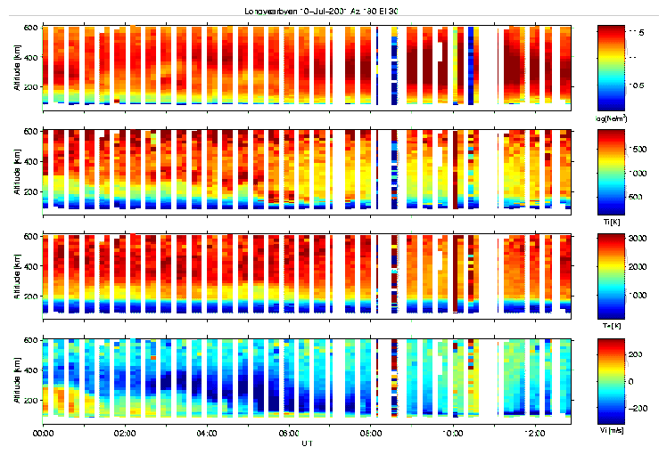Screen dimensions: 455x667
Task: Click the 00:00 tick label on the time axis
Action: (43, 434)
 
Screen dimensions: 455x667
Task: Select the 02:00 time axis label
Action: (125, 434)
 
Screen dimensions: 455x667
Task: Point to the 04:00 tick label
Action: (207, 434)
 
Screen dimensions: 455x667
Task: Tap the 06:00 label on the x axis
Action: (289, 434)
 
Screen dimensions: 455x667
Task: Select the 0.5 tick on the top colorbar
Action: (637, 85)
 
